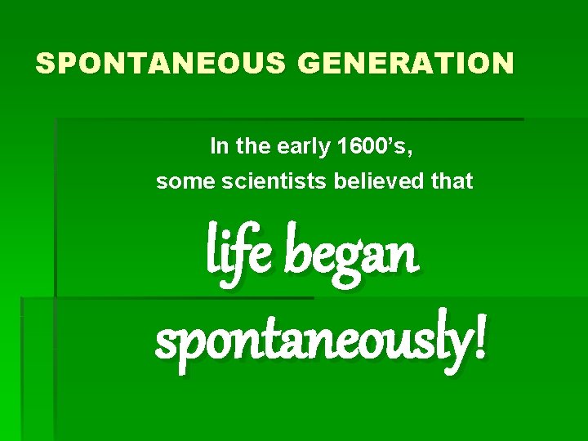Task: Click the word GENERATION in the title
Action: point(406,63)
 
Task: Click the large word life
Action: point(238,252)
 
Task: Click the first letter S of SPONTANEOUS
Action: point(45,63)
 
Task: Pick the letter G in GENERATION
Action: point(311,63)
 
